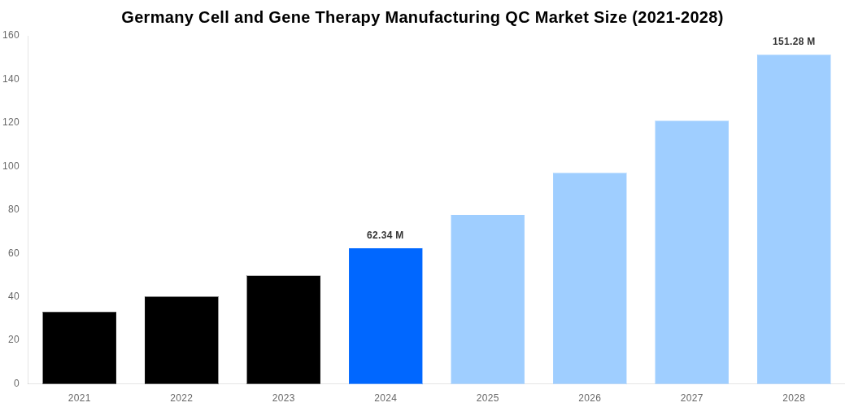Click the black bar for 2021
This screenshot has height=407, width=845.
pyautogui.click(x=79, y=348)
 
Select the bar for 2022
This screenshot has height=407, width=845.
pyautogui.click(x=181, y=340)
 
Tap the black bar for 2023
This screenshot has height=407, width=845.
pyautogui.click(x=283, y=330)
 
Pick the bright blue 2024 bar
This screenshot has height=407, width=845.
pyautogui.click(x=385, y=316)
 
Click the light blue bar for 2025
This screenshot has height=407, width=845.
pyautogui.click(x=487, y=300)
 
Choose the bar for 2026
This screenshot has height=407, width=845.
pyautogui.click(x=590, y=278)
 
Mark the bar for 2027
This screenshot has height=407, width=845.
pyautogui.click(x=691, y=252)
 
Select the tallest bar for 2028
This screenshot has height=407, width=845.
pyautogui.click(x=794, y=219)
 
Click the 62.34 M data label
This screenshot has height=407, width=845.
pyautogui.click(x=385, y=235)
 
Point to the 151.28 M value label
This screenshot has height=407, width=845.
pyautogui.click(x=794, y=42)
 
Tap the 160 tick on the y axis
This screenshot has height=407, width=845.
pyautogui.click(x=11, y=35)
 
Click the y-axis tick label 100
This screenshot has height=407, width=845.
pyautogui.click(x=11, y=166)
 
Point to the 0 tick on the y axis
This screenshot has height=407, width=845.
pyautogui.click(x=16, y=383)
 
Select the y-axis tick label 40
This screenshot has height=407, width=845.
pyautogui.click(x=14, y=296)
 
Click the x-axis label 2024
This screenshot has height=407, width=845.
pyautogui.click(x=385, y=398)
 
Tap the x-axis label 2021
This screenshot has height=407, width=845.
pyautogui.click(x=79, y=398)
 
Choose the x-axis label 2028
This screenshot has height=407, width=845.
pyautogui.click(x=794, y=398)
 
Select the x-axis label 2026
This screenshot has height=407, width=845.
pyautogui.click(x=590, y=398)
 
